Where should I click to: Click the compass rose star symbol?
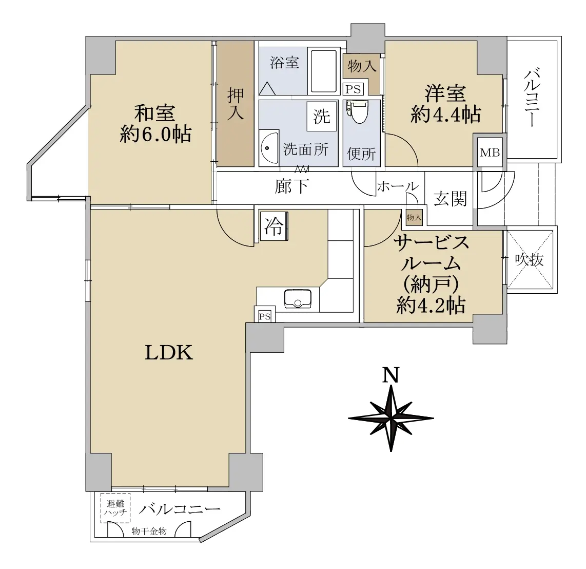(x=391, y=418)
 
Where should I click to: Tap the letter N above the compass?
(x=391, y=375)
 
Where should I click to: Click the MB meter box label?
(x=490, y=152)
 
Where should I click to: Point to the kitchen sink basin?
(x=298, y=299)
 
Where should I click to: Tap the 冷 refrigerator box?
(x=275, y=226)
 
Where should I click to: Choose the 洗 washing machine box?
(x=322, y=116)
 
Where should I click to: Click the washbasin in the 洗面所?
(x=269, y=148)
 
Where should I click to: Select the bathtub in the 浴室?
(x=323, y=71)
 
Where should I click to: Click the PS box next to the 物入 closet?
(x=353, y=89)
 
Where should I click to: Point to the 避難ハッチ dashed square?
(x=115, y=508)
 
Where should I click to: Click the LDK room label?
(x=169, y=352)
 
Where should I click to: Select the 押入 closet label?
(x=236, y=104)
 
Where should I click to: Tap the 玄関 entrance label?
(x=451, y=199)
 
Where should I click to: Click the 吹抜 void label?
(x=529, y=259)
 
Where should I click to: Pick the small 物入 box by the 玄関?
(x=414, y=217)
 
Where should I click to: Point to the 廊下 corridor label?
(x=291, y=186)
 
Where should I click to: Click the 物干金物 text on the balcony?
(x=149, y=531)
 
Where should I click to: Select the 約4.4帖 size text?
(x=445, y=114)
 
